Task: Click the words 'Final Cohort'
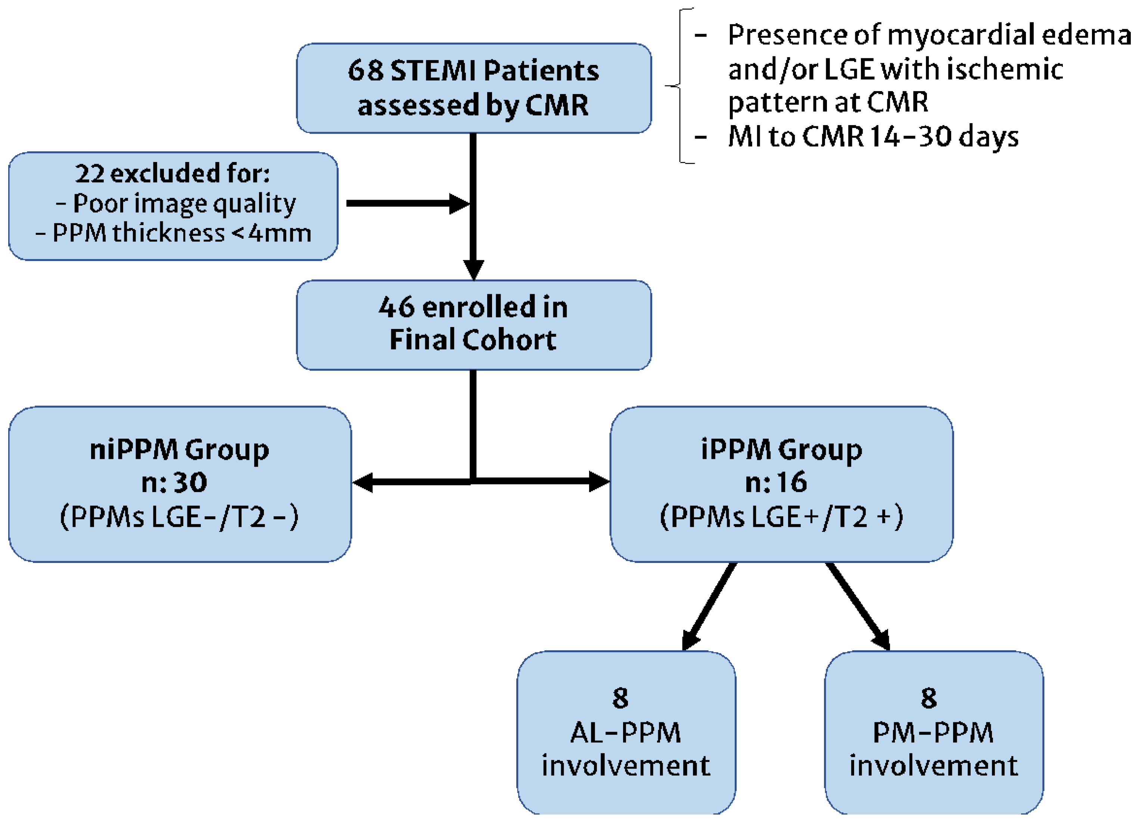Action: tap(473, 340)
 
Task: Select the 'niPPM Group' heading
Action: tap(179, 449)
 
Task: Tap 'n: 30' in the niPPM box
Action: tap(174, 482)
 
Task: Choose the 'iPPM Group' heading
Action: tap(781, 449)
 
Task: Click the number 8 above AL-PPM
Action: tap(620, 698)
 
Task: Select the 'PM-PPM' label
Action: tap(933, 733)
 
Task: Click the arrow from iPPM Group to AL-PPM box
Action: tap(709, 606)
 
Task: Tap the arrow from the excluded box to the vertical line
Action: tap(406, 203)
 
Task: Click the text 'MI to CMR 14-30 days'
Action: tap(873, 136)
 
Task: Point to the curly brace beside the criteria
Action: tap(680, 86)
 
